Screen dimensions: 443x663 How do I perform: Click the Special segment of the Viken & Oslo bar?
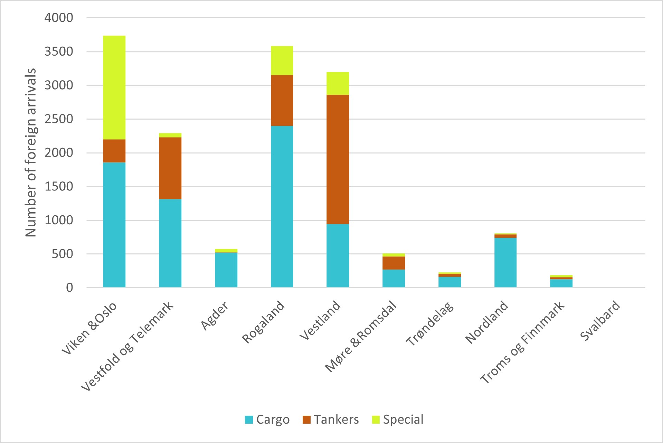pyautogui.click(x=114, y=87)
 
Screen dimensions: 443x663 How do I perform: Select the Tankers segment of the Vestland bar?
pyautogui.click(x=338, y=159)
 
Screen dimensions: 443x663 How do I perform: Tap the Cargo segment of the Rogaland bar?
pyautogui.click(x=282, y=206)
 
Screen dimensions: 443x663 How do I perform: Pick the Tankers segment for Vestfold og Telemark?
pyautogui.click(x=170, y=168)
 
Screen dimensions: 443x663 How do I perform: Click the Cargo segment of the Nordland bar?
pyautogui.click(x=505, y=262)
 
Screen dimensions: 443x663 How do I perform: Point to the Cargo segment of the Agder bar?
pyautogui.click(x=226, y=270)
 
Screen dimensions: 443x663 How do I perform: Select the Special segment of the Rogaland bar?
pyautogui.click(x=282, y=60)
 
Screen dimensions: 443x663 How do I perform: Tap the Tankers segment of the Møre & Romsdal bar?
pyautogui.click(x=394, y=263)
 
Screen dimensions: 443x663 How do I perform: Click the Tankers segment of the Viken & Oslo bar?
pyautogui.click(x=114, y=151)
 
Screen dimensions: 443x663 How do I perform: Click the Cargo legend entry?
pyautogui.click(x=267, y=420)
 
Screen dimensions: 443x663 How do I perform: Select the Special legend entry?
pyautogui.click(x=398, y=420)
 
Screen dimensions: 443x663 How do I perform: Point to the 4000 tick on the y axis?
pyautogui.click(x=59, y=18)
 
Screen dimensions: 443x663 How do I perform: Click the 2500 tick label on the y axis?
pyautogui.click(x=59, y=119)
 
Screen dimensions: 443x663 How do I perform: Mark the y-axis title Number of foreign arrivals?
pyautogui.click(x=31, y=152)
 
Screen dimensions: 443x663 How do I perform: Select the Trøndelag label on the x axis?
pyautogui.click(x=430, y=323)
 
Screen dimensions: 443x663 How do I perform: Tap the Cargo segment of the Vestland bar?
pyautogui.click(x=338, y=256)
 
